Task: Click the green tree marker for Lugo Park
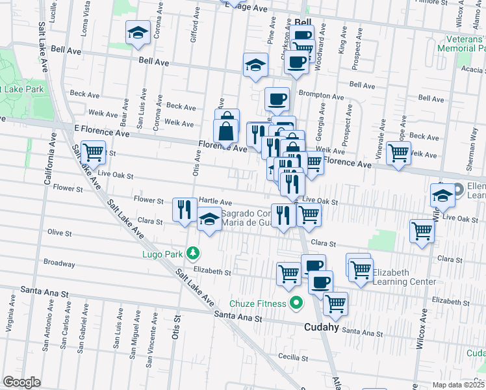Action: pos(192,252)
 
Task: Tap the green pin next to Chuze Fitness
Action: pos(296,303)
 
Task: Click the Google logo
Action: pos(21,382)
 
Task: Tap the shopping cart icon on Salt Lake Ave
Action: pos(94,153)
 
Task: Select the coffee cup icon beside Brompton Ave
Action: pos(277,99)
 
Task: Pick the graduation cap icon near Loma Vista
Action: pos(138,33)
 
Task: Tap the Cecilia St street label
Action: pos(292,357)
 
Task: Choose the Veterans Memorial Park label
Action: pos(461,44)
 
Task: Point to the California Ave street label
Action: pos(47,159)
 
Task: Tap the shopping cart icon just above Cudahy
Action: pos(336,304)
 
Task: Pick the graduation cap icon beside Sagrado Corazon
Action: pos(209,220)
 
